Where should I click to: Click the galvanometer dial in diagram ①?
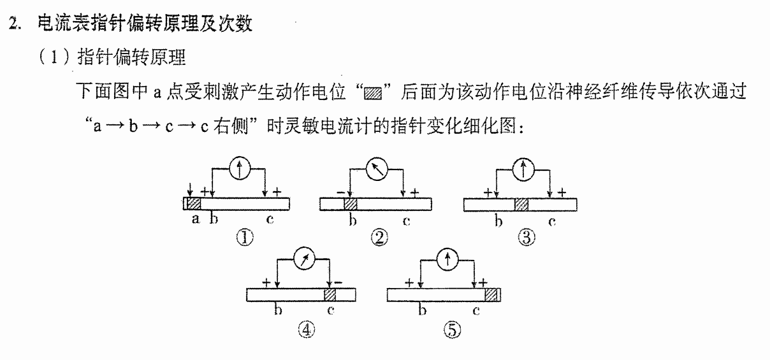point(240,168)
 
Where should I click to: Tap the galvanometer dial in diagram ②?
point(377,169)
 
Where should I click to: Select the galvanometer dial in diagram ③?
point(523,169)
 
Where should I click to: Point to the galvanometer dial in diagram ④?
point(304,258)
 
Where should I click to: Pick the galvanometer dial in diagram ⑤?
point(447,259)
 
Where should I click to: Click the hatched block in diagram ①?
point(194,204)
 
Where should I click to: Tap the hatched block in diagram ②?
point(351,204)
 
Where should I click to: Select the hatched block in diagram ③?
point(521,205)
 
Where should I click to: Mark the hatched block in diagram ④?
point(330,295)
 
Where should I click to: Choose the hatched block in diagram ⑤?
point(491,295)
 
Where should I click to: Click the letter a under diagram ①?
point(195,219)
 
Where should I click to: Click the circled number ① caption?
point(245,238)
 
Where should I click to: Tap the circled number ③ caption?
point(527,238)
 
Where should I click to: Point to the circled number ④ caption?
point(306,330)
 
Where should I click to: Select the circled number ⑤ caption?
point(452,330)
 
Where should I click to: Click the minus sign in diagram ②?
point(340,192)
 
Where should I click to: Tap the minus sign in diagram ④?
point(338,283)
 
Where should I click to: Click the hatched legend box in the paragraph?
point(373,94)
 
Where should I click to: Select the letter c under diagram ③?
point(552,222)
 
